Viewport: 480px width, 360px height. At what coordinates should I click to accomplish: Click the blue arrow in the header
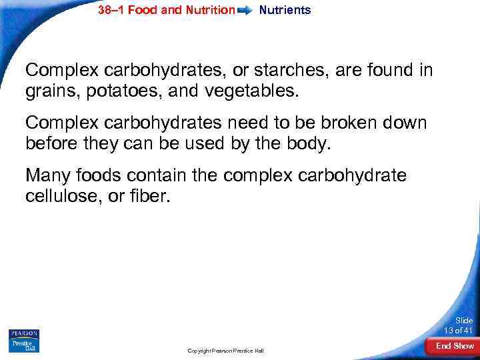point(246,11)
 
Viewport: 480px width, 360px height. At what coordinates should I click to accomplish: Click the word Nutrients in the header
point(285,10)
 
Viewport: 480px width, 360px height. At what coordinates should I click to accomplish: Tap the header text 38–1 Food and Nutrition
point(166,10)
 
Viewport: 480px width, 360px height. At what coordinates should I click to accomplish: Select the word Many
point(48,177)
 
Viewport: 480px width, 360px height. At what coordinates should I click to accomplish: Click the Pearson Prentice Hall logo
point(24,341)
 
